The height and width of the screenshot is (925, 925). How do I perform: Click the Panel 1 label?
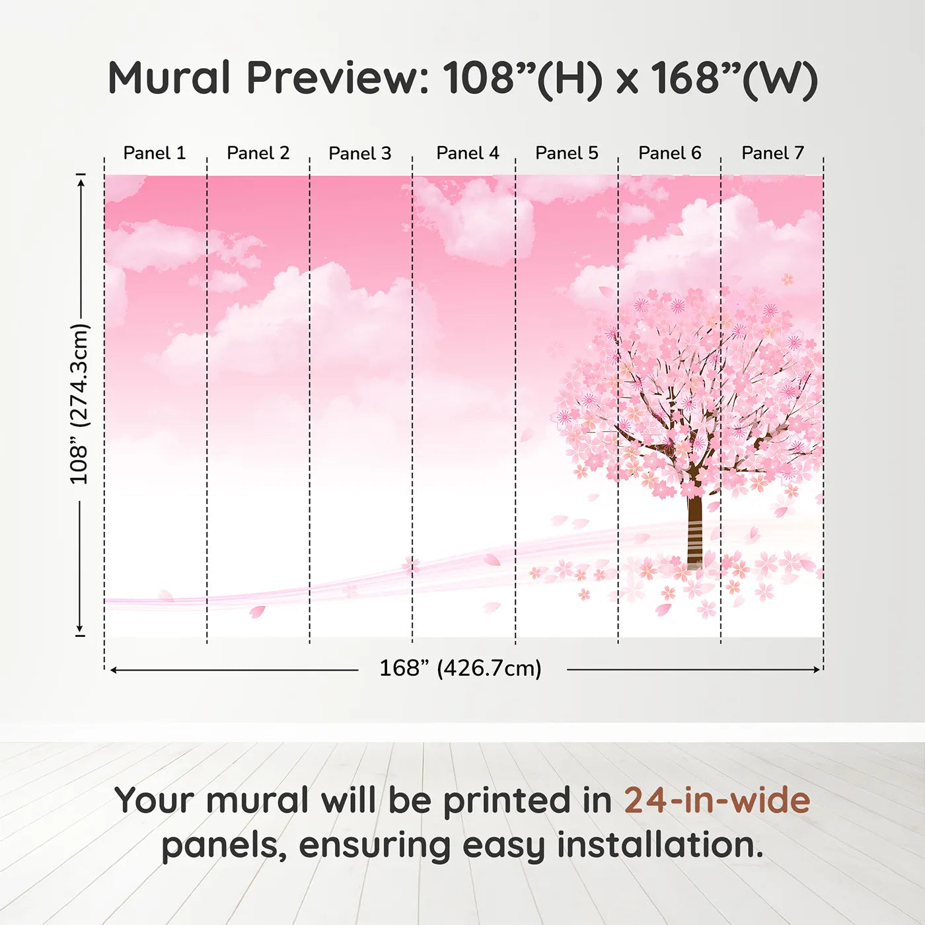point(155,153)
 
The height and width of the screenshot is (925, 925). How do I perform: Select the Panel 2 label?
point(258,153)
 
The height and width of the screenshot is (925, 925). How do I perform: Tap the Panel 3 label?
point(360,153)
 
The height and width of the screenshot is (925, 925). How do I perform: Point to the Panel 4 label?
point(468,153)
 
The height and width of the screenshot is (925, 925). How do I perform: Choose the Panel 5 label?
point(567,153)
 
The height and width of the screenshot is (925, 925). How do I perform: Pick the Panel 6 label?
point(669,153)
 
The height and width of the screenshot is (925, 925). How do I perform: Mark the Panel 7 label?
point(772,153)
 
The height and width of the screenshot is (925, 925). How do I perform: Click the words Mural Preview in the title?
point(268,78)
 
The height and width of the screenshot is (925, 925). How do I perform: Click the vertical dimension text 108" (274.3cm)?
point(79,404)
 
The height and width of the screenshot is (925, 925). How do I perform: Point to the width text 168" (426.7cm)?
point(460,668)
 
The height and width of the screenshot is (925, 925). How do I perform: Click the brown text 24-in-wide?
point(717,800)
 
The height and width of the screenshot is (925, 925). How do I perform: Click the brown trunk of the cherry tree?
point(694,529)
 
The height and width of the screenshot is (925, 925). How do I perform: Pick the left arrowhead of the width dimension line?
point(114,670)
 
